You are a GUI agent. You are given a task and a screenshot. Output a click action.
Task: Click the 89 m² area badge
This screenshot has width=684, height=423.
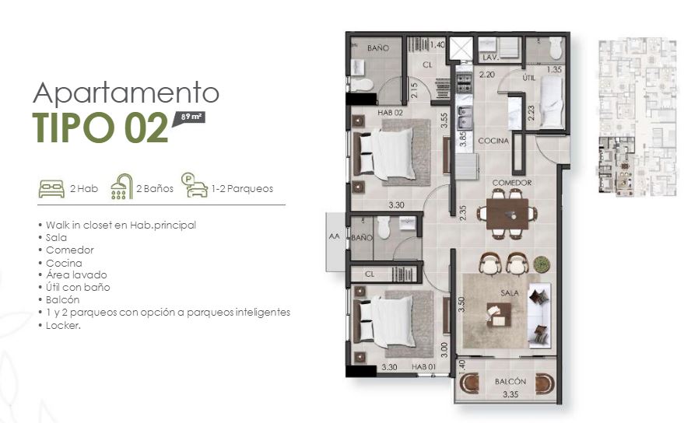189,117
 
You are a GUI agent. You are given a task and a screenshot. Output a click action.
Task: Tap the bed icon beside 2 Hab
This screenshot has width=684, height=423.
51,189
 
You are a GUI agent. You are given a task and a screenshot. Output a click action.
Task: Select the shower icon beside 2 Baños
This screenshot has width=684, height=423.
121,187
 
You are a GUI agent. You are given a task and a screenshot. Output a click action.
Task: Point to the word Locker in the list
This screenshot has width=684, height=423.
62,325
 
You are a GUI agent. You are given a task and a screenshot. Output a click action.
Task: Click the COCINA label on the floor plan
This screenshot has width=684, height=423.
493,141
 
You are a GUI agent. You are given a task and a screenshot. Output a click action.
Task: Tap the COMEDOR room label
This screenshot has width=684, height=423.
512,182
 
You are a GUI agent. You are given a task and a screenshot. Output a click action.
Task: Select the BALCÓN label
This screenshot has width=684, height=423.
510,381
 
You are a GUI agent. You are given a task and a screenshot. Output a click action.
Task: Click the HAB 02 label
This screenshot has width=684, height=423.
390,113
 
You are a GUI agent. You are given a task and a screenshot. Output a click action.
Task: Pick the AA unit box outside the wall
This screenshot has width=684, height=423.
335,242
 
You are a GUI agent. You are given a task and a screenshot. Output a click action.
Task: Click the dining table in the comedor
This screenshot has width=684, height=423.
507,214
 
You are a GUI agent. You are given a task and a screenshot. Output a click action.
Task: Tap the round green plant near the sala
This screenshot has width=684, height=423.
542,264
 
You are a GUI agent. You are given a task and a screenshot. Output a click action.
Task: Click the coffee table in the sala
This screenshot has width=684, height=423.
499,314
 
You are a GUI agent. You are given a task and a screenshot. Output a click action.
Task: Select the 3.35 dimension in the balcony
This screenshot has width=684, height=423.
510,394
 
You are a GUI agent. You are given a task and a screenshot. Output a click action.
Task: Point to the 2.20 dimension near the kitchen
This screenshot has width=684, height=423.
487,75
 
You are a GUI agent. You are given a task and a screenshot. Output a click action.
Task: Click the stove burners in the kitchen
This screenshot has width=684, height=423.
464,83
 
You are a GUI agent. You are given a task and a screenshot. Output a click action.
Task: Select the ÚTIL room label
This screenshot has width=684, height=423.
528,78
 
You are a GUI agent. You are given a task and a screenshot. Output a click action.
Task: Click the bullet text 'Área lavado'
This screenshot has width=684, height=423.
76,274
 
